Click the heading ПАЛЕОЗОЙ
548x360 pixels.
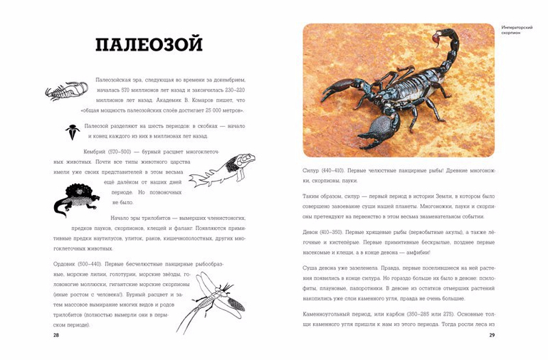149,44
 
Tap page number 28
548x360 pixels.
57,335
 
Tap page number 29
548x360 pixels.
491,335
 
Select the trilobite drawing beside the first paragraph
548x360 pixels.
66,90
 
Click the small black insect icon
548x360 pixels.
73,131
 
